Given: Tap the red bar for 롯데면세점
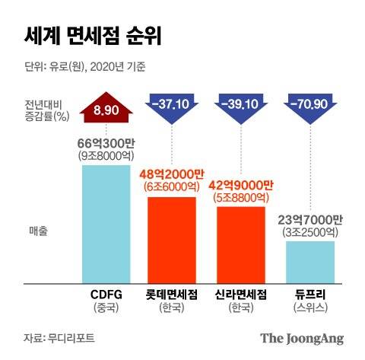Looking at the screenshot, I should (x=171, y=239).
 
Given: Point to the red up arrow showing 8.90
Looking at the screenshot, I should (x=106, y=111).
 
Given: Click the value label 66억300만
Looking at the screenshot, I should (x=106, y=143).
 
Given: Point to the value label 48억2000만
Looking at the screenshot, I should (x=171, y=174).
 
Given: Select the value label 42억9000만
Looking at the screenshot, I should (x=241, y=183).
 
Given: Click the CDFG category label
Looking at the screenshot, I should (x=106, y=295).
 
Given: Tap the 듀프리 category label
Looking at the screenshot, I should (x=310, y=295).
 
